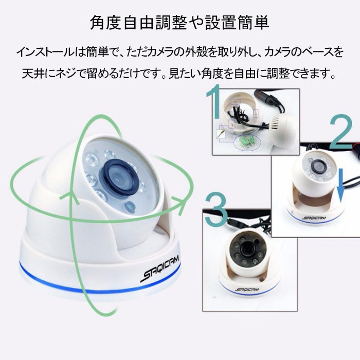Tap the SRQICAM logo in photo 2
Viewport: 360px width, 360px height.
tap(314, 218)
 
